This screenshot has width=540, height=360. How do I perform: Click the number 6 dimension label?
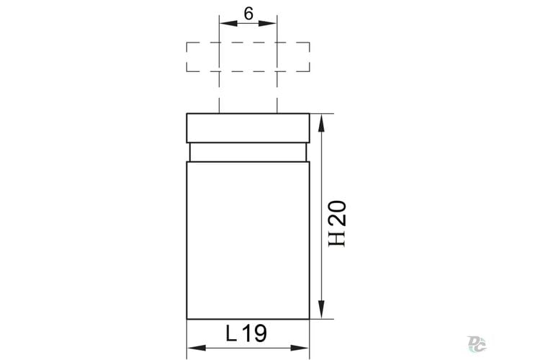[x=248, y=14]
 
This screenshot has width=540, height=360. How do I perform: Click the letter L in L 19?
[x=231, y=333]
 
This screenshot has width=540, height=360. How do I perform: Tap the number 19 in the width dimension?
[x=255, y=333]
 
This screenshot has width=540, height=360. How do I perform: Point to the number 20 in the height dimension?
[x=337, y=213]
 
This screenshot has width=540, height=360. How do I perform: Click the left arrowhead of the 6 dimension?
[x=229, y=24]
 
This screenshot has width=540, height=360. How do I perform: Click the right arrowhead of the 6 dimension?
[x=268, y=24]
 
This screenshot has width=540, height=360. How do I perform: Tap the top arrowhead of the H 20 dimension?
[x=321, y=123]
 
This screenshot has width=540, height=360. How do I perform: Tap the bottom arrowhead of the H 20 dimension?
[x=321, y=310]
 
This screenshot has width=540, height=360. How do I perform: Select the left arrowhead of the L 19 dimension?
[x=197, y=348]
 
